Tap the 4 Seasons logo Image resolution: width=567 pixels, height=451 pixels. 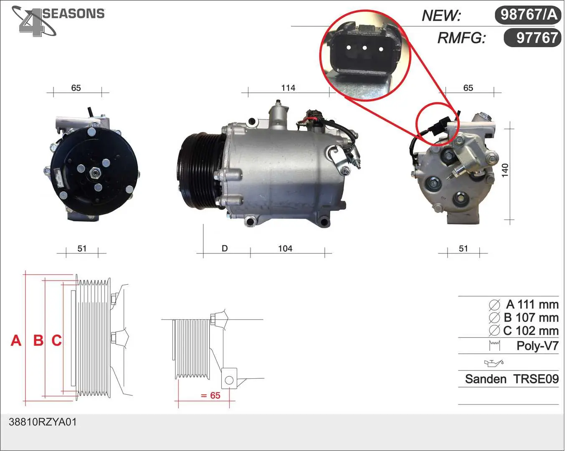pos(58,21)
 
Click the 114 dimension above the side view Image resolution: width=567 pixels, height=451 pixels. pos(288,88)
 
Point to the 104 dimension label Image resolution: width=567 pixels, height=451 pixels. pos(285,248)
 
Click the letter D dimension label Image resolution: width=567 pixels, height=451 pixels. pos(225,248)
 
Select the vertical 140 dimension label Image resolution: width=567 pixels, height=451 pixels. pos(504,170)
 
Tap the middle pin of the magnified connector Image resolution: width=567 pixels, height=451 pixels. pos(364,48)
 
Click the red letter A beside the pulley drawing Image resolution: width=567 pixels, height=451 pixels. pos(16,340)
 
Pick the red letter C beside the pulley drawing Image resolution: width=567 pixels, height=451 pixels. pos(56,340)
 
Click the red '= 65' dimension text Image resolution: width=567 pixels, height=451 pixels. pos(210,395)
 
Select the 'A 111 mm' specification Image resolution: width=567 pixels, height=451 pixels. pos(532,304)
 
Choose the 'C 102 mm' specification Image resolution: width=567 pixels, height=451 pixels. pos(531,331)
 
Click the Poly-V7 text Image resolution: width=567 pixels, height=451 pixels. pos(537,346)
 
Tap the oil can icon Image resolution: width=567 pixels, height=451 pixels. pos(494,363)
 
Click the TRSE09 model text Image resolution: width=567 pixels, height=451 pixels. pos(536,379)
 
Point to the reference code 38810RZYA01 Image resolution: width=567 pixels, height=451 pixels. pos(43,422)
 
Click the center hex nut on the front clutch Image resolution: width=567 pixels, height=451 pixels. pos(94,173)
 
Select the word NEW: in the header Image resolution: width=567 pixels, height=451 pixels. pos(441,16)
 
